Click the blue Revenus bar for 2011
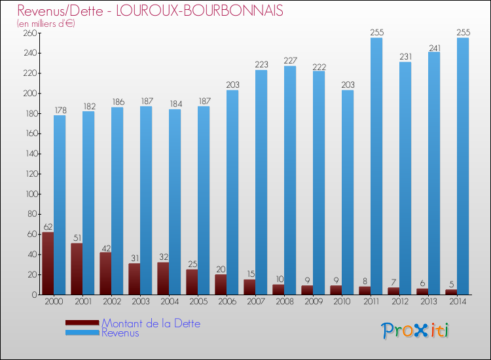click(x=376, y=166)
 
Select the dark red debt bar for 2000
click(x=48, y=263)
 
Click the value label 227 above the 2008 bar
click(x=290, y=61)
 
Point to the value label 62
click(x=48, y=227)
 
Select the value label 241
click(x=434, y=47)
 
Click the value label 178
click(x=60, y=110)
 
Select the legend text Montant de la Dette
click(x=151, y=323)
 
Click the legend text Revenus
click(x=120, y=333)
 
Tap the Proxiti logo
click(x=415, y=331)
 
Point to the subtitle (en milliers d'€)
click(x=46, y=24)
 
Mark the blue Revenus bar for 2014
click(x=463, y=166)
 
